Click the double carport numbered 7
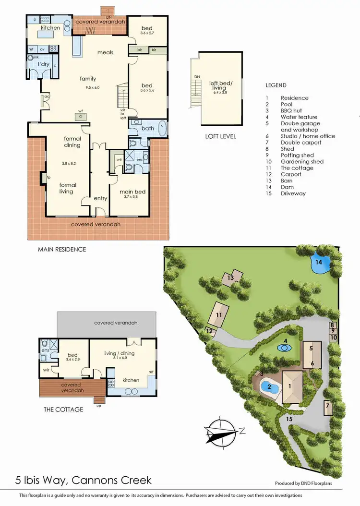[x=328, y=408]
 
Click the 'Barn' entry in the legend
[x=287, y=181]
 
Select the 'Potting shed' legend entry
[x=297, y=155]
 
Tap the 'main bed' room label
[x=132, y=192]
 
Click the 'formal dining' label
[x=72, y=142]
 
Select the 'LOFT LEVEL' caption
[x=220, y=136]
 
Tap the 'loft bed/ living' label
[x=217, y=85]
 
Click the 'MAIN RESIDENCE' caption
[x=62, y=249]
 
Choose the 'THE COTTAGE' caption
[x=63, y=410]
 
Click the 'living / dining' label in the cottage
[x=120, y=354]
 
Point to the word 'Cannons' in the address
[x=97, y=480]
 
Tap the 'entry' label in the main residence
[x=101, y=198]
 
